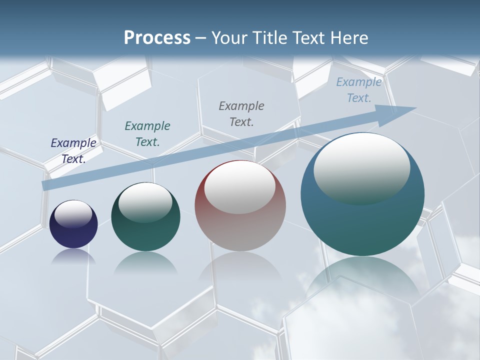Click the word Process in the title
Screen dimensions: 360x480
click(157, 38)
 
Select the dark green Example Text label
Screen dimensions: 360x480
click(147, 134)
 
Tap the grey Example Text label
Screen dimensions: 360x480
click(241, 114)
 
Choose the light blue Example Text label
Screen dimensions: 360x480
click(359, 90)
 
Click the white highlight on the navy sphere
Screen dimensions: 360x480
click(73, 214)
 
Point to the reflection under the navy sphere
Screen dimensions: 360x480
click(73, 256)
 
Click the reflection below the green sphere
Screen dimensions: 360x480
click(145, 262)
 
